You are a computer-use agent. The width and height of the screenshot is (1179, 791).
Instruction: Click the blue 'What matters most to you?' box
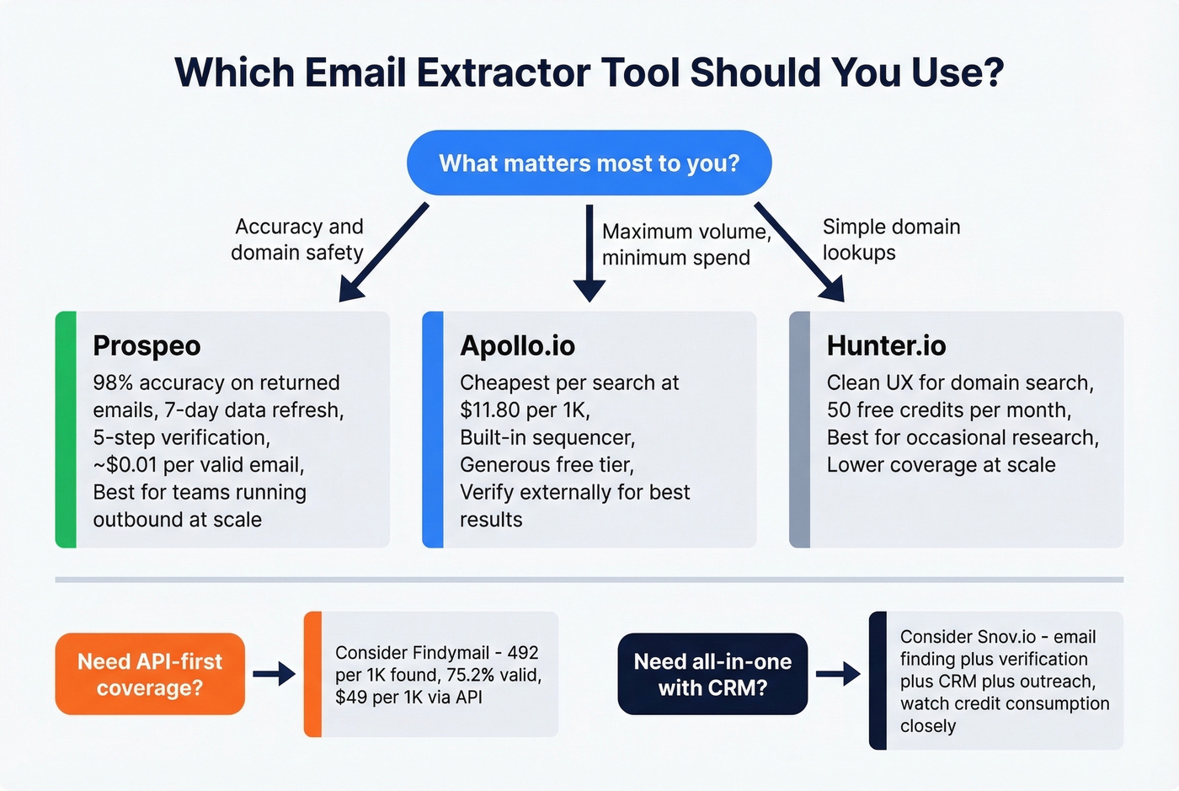(589, 163)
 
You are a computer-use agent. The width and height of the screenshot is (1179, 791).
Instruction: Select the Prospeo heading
(147, 345)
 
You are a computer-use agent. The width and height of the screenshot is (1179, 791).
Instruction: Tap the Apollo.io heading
(517, 345)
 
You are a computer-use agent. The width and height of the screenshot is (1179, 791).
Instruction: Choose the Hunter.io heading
(886, 345)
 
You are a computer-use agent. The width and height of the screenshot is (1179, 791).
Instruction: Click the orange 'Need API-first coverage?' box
(150, 674)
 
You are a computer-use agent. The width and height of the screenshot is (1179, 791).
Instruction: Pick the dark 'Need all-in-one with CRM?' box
(712, 674)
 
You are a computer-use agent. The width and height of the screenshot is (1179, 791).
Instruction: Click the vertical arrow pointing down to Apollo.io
(589, 253)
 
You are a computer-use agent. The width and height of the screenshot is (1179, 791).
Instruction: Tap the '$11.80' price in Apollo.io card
(490, 410)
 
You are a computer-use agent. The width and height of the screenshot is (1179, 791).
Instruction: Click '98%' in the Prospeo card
(113, 383)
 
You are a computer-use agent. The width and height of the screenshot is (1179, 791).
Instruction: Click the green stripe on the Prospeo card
(66, 430)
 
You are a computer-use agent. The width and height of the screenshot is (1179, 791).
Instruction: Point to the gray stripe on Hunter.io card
(799, 430)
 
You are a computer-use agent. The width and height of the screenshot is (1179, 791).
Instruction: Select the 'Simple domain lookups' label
(890, 239)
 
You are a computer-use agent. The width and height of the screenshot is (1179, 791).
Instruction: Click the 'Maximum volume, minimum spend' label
(685, 244)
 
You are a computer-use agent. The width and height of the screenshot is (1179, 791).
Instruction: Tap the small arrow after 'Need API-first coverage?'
(274, 674)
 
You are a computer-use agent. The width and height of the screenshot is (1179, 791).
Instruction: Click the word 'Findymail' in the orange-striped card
(451, 653)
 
